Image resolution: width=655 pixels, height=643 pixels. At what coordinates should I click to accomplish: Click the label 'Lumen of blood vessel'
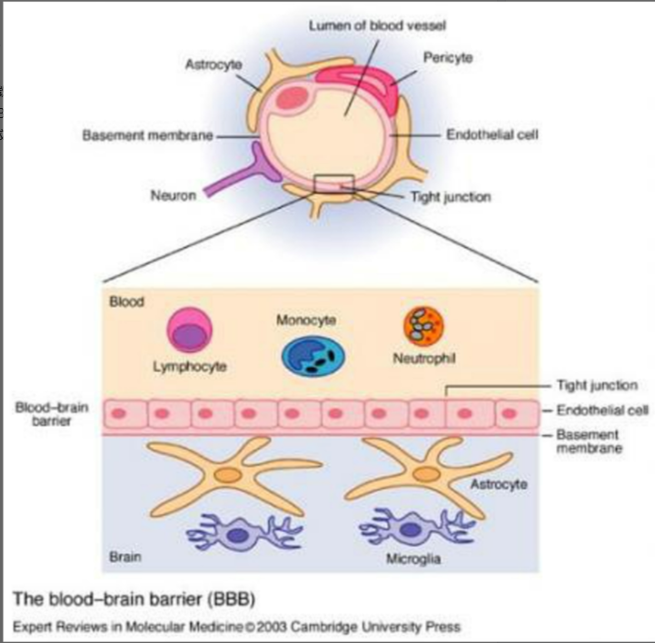pyautogui.click(x=377, y=25)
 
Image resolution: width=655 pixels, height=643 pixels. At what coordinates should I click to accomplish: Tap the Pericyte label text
pyautogui.click(x=448, y=57)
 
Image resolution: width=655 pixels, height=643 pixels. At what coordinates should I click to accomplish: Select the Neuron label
pyautogui.click(x=174, y=195)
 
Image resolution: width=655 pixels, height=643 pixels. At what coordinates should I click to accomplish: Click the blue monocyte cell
pyautogui.click(x=313, y=356)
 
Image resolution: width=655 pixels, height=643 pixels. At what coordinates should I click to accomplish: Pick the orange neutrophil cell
pyautogui.click(x=423, y=327)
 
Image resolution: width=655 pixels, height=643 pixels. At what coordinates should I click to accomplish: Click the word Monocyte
pyautogui.click(x=306, y=321)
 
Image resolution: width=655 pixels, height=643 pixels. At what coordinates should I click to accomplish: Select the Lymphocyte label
pyautogui.click(x=190, y=367)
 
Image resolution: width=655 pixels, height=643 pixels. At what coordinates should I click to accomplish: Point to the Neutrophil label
pyautogui.click(x=424, y=358)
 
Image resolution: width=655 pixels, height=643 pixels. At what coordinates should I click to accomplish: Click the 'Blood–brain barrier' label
pyautogui.click(x=52, y=414)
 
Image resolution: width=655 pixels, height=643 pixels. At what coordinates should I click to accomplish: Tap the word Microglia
pyautogui.click(x=413, y=559)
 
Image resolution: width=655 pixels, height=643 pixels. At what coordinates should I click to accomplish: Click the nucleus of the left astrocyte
pyautogui.click(x=229, y=475)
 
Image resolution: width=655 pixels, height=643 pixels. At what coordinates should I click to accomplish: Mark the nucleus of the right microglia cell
pyautogui.click(x=412, y=529)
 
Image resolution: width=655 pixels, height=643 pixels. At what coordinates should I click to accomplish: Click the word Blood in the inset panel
pyautogui.click(x=126, y=302)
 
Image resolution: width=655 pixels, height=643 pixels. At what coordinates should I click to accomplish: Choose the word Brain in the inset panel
pyautogui.click(x=124, y=557)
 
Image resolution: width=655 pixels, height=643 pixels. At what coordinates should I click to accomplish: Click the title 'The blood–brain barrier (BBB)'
pyautogui.click(x=134, y=599)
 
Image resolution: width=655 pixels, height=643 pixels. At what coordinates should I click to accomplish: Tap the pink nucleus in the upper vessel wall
pyautogui.click(x=293, y=98)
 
